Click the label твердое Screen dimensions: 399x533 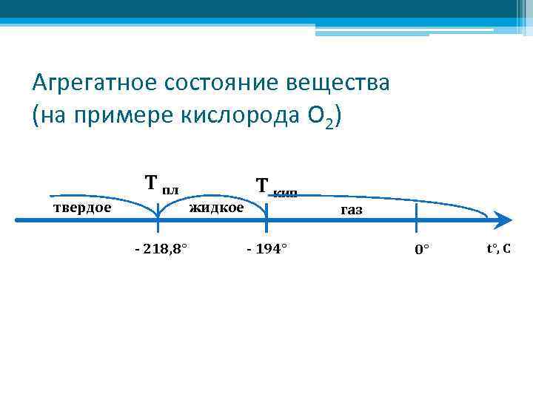81,208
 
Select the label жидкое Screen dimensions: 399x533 216,208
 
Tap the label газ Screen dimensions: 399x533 351,211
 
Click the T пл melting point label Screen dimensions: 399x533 161,183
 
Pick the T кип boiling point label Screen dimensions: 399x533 275,187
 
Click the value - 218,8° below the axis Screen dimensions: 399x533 161,248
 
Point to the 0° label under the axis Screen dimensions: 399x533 422,250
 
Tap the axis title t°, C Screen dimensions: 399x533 497,248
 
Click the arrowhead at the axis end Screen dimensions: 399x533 503,219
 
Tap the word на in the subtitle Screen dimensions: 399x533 53,116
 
